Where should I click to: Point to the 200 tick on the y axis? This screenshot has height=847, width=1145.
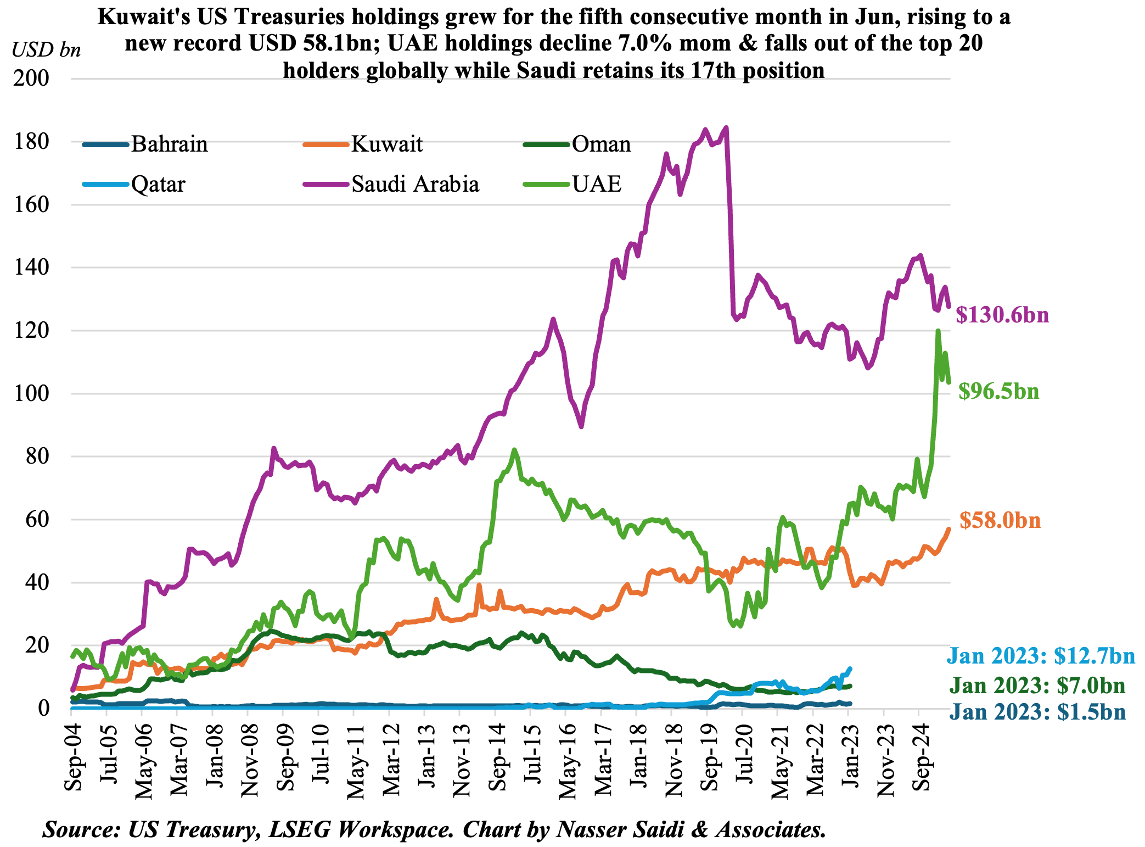point(31,79)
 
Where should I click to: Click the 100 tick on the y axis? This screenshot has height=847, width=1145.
point(31,394)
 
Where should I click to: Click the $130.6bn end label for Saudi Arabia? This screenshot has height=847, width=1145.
point(1002,315)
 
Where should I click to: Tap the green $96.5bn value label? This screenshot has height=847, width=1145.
point(998,391)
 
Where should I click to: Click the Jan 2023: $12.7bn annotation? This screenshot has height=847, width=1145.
point(1040,656)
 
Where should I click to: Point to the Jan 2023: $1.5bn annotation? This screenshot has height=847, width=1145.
point(1037,712)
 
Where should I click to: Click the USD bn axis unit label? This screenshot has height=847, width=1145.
point(46,50)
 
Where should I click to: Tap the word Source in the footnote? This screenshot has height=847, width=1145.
point(81,829)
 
